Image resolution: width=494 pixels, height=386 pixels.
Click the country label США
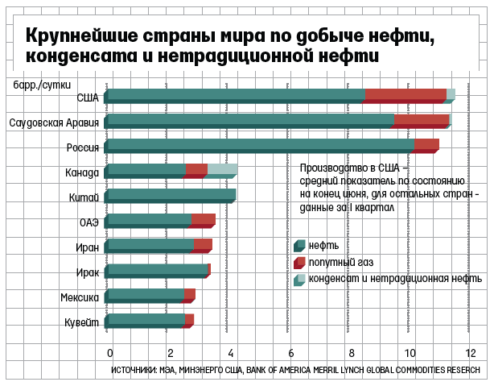point(87,98)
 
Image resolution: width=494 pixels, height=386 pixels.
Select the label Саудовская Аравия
point(53,122)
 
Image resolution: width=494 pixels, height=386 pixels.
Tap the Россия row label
point(83,147)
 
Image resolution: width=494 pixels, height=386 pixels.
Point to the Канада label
point(82,172)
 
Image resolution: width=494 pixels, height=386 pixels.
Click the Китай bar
point(171,195)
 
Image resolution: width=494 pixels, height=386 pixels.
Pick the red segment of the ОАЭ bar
point(203,220)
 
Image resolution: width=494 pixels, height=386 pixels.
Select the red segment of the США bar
point(405,95)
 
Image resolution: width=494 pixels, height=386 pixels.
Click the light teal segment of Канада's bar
point(222,170)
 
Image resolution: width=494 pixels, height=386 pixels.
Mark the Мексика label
point(80,297)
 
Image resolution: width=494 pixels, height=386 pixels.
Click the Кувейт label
point(81,322)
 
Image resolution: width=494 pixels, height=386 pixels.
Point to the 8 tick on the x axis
point(352,352)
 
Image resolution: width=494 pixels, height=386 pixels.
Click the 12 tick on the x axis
point(471,352)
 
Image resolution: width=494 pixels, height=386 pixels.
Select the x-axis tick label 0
point(110,352)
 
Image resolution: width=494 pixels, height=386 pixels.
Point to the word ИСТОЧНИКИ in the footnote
point(133,371)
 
